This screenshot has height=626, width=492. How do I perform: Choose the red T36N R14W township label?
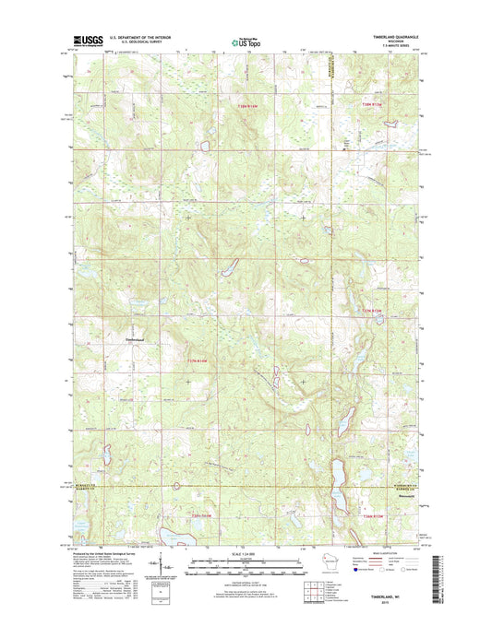pyautogui.click(x=200, y=514)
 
